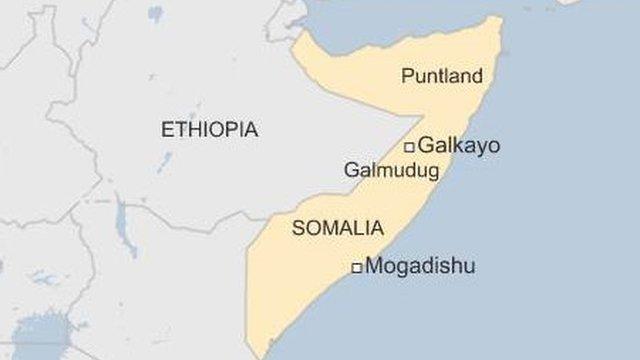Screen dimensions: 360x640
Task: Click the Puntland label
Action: click(441, 76)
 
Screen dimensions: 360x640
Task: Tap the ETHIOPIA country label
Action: click(209, 129)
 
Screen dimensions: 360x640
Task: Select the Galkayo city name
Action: click(459, 146)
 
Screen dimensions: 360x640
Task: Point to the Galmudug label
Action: click(391, 170)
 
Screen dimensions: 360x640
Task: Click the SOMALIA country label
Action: click(337, 228)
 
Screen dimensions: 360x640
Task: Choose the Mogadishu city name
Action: click(420, 266)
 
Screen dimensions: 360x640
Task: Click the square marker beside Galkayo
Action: click(409, 147)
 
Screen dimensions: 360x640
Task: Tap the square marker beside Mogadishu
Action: click(356, 267)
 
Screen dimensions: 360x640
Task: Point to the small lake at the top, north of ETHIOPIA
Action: click(155, 14)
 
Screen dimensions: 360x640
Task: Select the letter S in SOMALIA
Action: click(298, 228)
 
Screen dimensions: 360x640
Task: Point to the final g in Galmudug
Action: click(433, 172)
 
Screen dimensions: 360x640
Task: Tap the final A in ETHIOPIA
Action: click(251, 129)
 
